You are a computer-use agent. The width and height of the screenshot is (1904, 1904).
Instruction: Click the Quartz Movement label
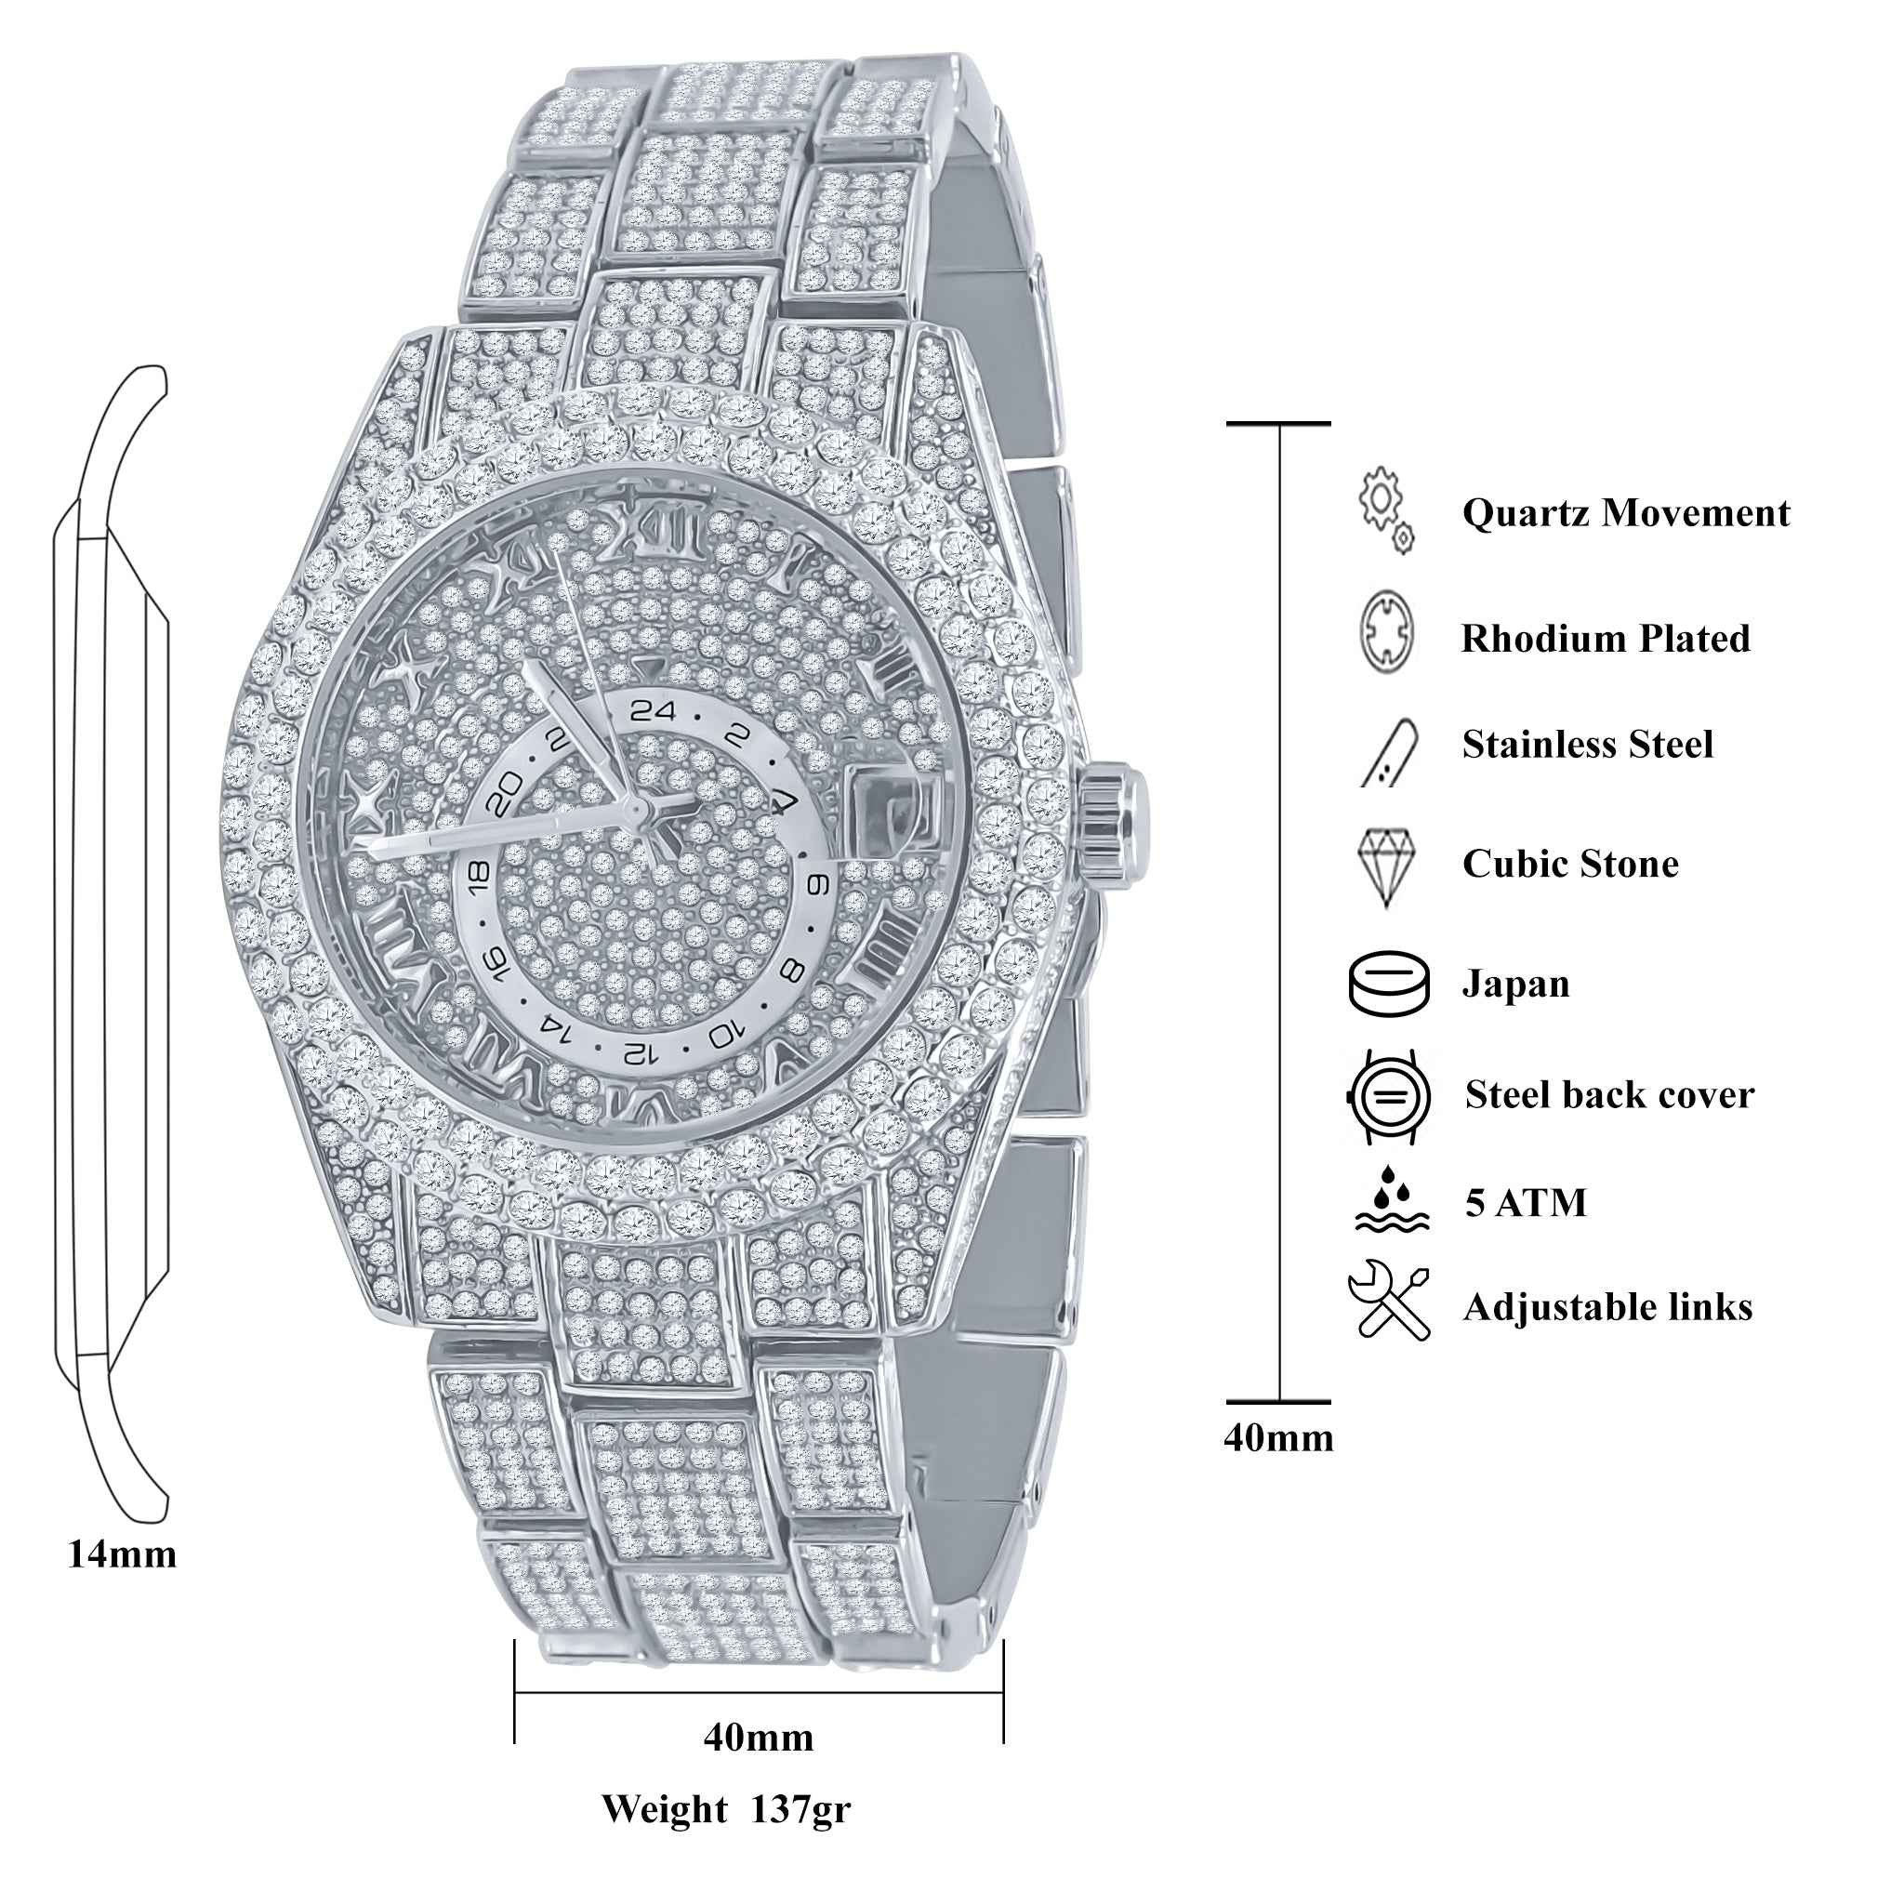tap(1625, 513)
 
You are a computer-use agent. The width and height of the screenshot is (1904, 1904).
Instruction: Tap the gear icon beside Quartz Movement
tap(1384, 509)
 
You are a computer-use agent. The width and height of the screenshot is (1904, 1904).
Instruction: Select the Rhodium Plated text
tap(1605, 639)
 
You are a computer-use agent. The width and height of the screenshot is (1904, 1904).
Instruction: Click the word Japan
tap(1514, 985)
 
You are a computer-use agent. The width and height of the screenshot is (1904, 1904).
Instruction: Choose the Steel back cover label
tap(1608, 1095)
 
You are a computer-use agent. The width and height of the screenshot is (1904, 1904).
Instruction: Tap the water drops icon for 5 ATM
tap(1391, 1199)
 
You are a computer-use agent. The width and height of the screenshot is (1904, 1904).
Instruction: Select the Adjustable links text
tap(1607, 1307)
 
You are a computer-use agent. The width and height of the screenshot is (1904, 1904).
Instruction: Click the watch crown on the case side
tap(1117, 815)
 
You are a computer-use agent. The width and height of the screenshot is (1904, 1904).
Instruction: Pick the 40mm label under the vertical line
tap(1278, 1438)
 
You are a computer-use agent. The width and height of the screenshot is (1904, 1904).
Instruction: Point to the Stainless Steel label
tap(1587, 745)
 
